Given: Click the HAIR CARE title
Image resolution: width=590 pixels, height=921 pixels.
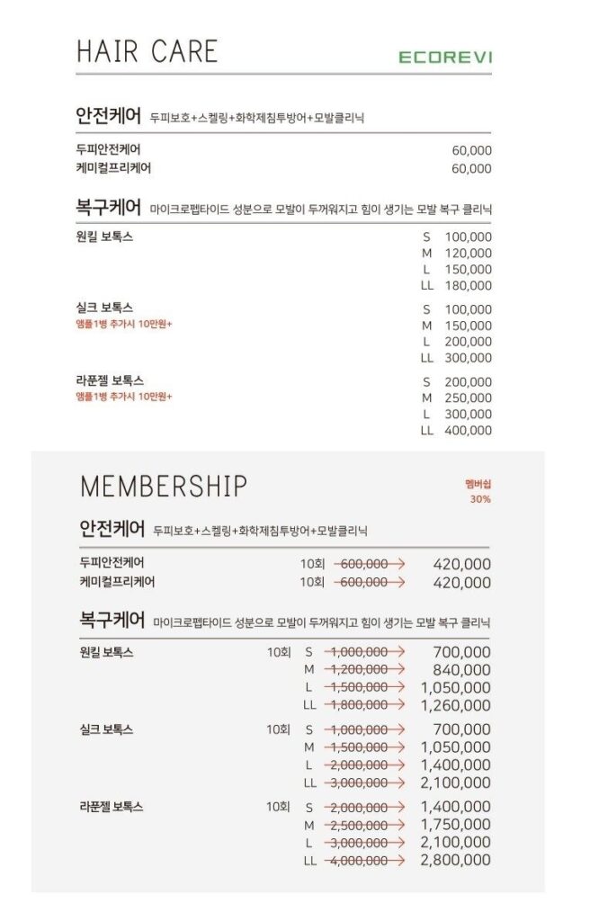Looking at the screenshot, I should [x=147, y=50].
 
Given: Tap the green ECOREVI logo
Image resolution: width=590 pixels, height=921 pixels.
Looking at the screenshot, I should [x=445, y=58].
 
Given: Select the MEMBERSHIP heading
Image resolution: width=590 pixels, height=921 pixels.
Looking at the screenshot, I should [x=164, y=486].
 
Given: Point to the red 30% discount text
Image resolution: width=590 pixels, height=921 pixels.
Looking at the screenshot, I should [x=479, y=499].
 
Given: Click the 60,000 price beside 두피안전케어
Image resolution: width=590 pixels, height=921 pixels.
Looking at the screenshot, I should [x=471, y=150].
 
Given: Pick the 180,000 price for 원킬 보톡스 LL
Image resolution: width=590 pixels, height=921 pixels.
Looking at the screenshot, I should [x=469, y=286].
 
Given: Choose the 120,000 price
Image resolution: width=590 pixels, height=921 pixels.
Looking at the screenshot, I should [x=469, y=254].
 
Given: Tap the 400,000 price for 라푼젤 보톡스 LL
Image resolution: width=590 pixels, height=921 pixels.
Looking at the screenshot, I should [x=469, y=431].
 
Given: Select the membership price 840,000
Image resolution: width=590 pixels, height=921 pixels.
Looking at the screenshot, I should [x=461, y=669].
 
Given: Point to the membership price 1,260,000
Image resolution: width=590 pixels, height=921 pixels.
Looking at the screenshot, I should [x=455, y=705].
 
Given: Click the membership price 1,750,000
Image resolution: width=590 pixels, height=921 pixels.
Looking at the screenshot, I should [x=455, y=825].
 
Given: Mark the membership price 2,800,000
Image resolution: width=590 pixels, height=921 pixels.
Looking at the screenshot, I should [x=455, y=861].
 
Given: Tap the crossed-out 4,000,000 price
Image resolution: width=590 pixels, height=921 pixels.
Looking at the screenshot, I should [x=358, y=861].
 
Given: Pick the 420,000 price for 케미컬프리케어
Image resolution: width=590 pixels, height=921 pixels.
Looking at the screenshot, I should [x=461, y=583].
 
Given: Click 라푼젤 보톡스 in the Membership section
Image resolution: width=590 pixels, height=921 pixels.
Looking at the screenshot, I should [x=112, y=807].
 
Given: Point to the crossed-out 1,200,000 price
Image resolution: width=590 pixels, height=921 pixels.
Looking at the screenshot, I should [x=358, y=669].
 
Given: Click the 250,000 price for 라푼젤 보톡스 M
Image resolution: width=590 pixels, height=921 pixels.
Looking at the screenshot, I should [x=469, y=398].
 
